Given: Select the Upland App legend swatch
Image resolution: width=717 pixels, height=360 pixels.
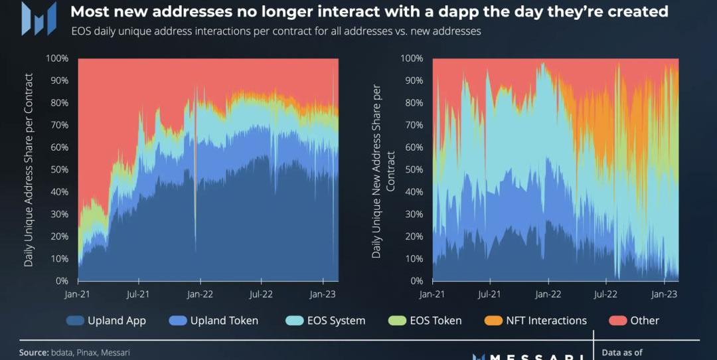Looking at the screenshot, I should point(75,321).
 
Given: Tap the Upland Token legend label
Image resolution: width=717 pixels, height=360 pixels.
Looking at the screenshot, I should point(224,321).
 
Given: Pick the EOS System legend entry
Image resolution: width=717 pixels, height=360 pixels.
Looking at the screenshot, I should point(336,321).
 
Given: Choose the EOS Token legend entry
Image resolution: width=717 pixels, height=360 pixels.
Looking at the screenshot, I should point(435,321).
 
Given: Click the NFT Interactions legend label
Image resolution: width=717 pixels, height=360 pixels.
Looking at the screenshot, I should point(546,321).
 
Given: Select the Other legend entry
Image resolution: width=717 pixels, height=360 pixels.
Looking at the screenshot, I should point(645,321).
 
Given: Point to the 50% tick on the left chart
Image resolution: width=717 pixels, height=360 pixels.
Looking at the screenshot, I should point(57,169).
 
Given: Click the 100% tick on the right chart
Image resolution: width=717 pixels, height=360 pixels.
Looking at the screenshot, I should point(412,58).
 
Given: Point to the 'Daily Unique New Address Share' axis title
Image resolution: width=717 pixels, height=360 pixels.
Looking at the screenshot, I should point(376,171).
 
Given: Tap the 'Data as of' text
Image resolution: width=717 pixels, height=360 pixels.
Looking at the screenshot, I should point(622,353).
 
